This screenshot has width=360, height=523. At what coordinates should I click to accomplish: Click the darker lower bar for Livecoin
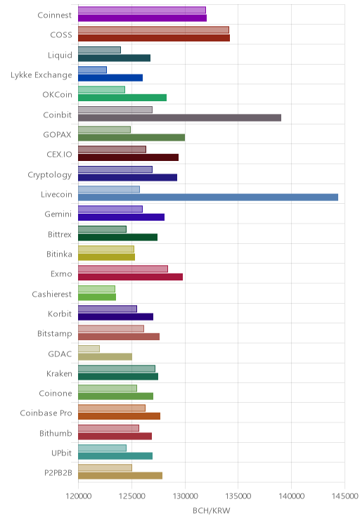click(x=208, y=198)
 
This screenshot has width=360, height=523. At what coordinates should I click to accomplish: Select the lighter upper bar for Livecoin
click(x=109, y=190)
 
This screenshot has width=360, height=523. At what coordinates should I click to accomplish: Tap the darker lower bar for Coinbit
click(x=180, y=117)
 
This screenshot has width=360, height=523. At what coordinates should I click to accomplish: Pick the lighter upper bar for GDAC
click(x=89, y=349)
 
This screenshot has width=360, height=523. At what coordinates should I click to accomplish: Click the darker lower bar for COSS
click(x=154, y=38)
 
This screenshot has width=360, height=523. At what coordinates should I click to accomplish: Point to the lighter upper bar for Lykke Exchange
click(x=92, y=70)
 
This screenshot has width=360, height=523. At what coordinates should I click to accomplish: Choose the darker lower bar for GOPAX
click(x=131, y=137)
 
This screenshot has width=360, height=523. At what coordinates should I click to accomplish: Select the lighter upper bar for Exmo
click(x=123, y=269)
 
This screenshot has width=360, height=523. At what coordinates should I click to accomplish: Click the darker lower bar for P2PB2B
click(x=120, y=476)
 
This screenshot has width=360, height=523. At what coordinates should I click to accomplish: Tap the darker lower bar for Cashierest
click(x=97, y=297)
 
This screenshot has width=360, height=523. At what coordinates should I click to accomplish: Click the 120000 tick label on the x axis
click(x=79, y=496)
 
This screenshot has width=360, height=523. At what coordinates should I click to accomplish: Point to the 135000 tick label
click(x=238, y=496)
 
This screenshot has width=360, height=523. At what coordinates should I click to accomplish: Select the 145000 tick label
click(x=345, y=496)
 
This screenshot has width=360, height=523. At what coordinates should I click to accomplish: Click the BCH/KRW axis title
click(x=212, y=510)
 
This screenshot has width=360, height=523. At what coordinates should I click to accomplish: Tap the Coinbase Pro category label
click(x=46, y=413)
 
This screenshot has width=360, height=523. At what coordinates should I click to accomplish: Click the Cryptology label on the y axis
click(x=50, y=175)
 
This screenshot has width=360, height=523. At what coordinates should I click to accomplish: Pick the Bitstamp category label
click(x=55, y=334)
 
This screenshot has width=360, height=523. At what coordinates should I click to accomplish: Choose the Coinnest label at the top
click(x=55, y=15)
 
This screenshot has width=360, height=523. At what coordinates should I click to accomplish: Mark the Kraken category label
click(x=59, y=373)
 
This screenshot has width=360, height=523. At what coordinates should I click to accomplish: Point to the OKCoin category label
click(x=58, y=95)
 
